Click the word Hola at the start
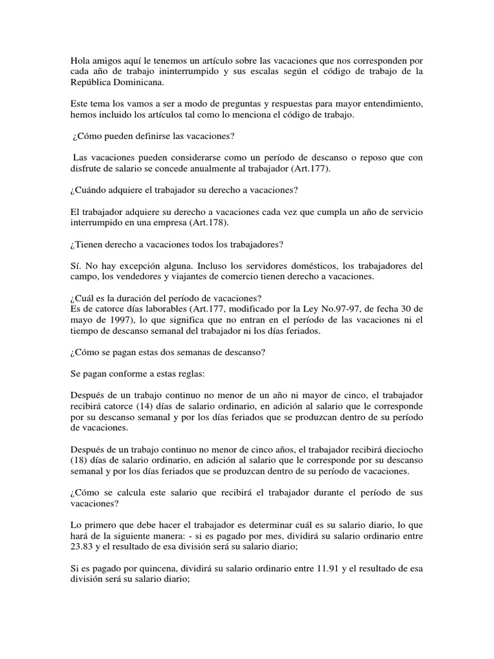point(80,60)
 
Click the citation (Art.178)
point(207,223)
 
